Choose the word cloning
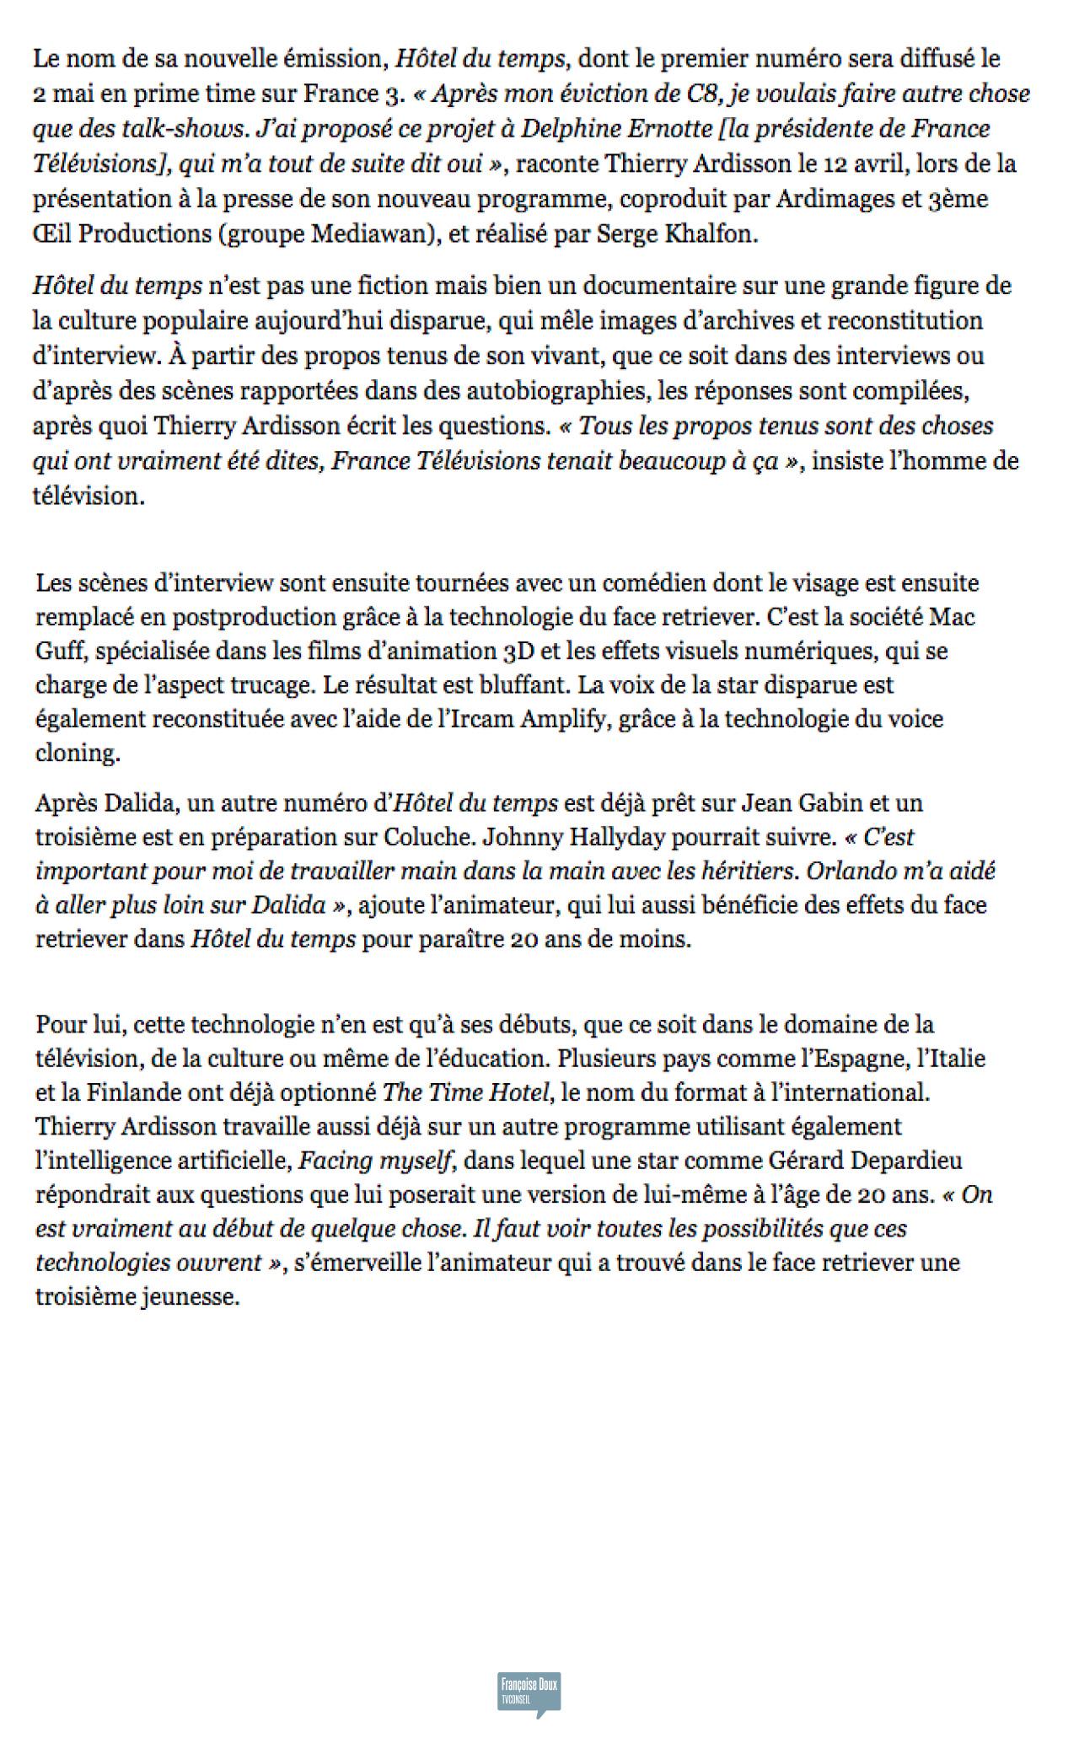76,753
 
